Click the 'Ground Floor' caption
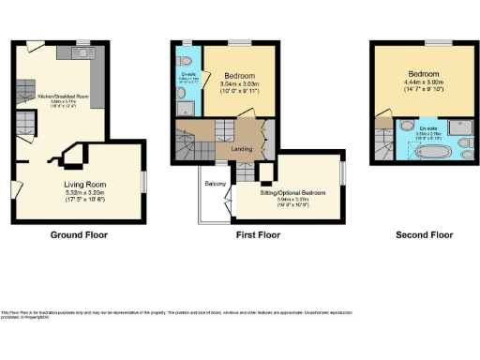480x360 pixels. (x=76, y=235)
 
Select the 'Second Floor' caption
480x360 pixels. (x=419, y=235)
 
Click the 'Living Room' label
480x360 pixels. (x=84, y=186)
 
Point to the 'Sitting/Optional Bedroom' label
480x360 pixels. (x=292, y=191)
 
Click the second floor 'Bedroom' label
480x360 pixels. (x=424, y=73)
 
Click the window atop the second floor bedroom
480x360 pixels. (x=433, y=42)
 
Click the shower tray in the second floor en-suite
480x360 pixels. (x=461, y=127)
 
